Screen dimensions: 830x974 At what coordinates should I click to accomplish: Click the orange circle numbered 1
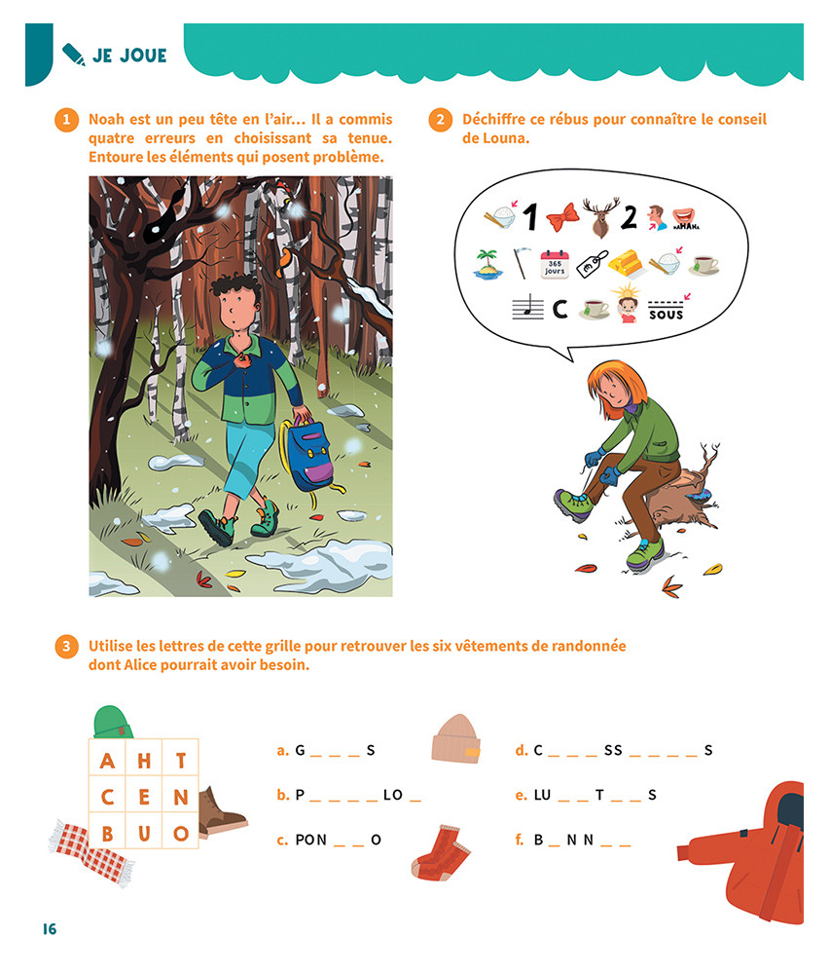pos(66,119)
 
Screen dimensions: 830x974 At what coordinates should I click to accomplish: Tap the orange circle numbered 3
pos(66,646)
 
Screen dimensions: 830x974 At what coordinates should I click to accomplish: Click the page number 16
pos(50,928)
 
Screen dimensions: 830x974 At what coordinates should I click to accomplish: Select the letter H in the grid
pos(144,761)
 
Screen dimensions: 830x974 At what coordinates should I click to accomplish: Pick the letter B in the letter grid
pos(107,833)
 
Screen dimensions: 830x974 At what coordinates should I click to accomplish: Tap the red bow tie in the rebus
pos(562,217)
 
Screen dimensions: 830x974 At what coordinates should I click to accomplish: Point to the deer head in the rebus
pos(600,217)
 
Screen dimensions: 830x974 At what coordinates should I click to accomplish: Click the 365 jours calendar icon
pos(555,265)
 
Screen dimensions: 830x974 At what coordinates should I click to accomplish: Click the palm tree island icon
pos(487,264)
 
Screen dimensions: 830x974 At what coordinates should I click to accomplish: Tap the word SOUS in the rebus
pos(666,315)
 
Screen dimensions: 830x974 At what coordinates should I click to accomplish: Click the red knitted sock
pos(440,852)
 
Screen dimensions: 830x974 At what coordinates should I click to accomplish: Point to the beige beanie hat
pos(456,738)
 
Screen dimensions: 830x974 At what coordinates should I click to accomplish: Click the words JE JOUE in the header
pos(129,56)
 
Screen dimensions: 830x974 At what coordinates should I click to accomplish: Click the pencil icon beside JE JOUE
pos(74,55)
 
